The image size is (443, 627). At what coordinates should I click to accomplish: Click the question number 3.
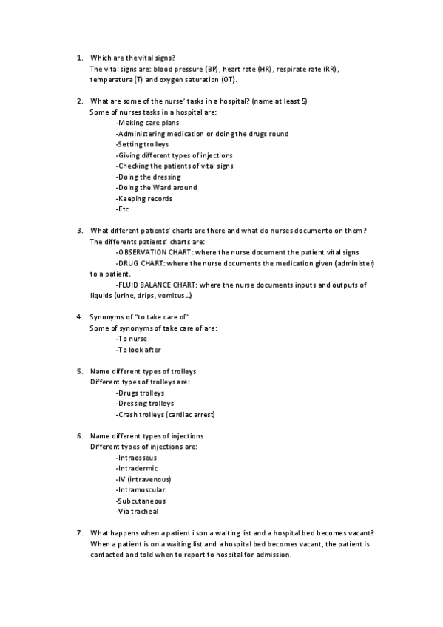79,231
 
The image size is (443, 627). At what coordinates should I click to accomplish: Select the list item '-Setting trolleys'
143,145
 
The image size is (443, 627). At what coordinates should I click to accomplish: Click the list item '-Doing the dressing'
148,177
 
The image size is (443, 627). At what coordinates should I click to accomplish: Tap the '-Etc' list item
123,209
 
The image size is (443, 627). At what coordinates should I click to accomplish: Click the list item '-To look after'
138,350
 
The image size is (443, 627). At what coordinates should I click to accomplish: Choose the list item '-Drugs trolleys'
141,393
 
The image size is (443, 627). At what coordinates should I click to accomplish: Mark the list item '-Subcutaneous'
141,501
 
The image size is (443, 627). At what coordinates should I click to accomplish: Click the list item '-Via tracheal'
137,511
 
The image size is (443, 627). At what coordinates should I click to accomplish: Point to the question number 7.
79,533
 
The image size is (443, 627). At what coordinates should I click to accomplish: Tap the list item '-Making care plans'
147,123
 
